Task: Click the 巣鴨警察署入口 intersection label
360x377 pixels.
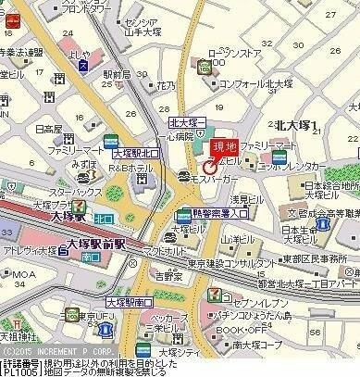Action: pyautogui.click(x=216, y=217)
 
